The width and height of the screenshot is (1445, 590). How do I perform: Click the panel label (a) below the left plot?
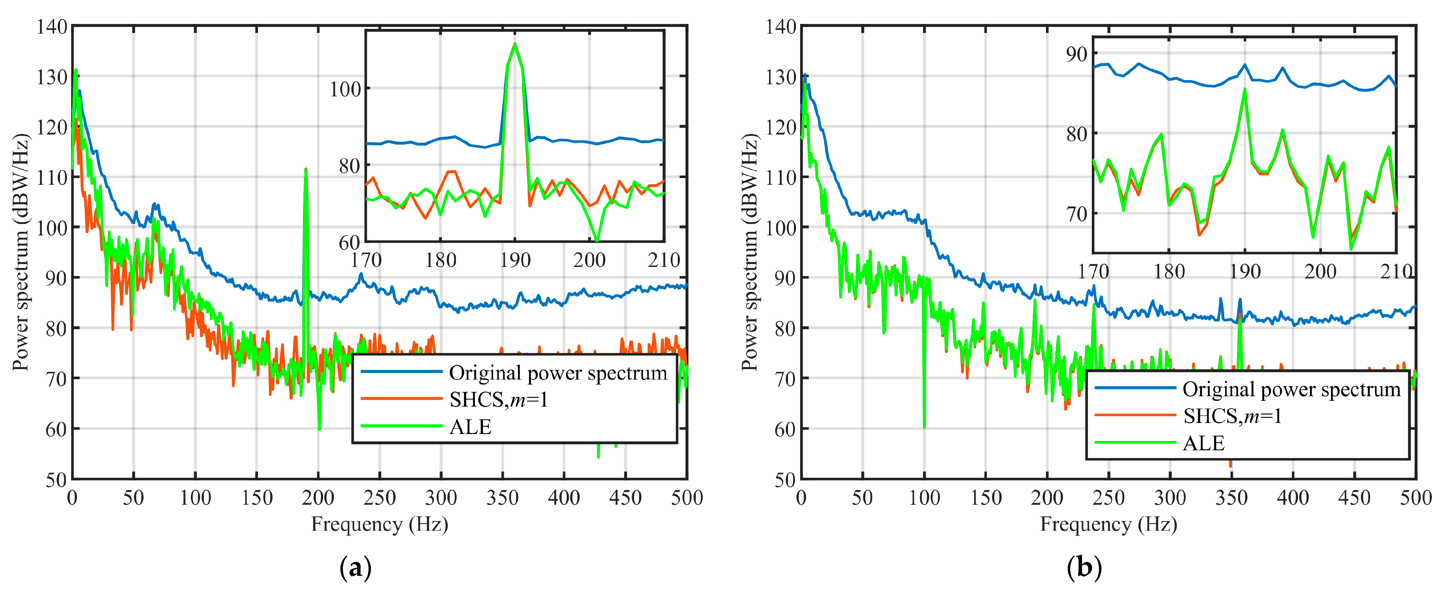pos(356,568)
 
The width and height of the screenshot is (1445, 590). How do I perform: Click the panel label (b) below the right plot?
pos(1084,568)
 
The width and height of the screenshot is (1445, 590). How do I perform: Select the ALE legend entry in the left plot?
pos(470,427)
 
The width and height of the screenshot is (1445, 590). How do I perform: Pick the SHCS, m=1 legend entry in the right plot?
pos(1232,416)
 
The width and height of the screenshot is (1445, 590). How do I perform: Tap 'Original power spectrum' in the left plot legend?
pos(557,373)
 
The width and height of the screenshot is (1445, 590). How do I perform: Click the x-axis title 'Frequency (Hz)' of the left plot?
pos(380,524)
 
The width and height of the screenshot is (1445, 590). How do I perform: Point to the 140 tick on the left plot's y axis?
pos(52,26)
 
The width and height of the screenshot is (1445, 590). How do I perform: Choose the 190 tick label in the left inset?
pos(515,261)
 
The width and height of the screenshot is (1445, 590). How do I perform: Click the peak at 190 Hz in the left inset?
pos(515,44)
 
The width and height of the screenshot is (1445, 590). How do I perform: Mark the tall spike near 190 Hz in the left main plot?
pos(306,170)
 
